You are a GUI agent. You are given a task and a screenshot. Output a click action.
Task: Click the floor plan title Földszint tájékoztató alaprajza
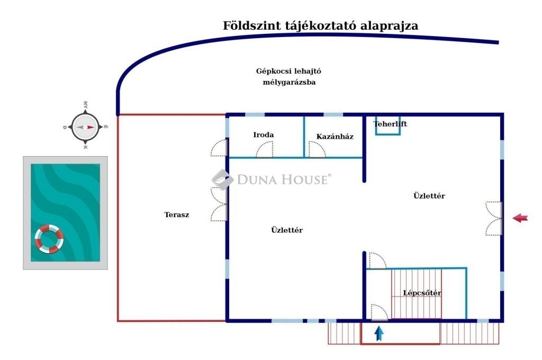pos(320,26)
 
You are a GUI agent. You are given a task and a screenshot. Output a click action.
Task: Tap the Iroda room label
pos(264,135)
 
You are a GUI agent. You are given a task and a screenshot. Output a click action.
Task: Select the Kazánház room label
pos(335,137)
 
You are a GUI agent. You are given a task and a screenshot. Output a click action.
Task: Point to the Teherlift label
pos(390,124)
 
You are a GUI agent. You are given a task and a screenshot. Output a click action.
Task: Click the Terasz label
pos(177,215)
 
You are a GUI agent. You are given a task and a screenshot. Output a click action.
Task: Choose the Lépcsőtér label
pos(422,293)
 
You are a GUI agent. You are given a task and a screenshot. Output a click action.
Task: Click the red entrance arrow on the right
pos(520,218)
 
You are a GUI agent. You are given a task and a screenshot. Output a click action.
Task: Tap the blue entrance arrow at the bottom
pos(379,334)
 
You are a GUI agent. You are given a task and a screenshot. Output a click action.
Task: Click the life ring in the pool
pos(49,239)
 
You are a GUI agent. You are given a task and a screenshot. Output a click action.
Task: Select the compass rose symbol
pos(85,127)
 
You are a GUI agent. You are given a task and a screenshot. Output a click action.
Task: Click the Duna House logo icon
pos(222,179)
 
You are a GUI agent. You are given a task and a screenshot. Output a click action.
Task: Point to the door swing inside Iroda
pos(265,150)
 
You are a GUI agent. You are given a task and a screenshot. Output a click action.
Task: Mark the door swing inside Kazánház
pos(317,150)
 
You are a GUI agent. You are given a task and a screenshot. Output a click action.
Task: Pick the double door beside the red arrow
pos(494,219)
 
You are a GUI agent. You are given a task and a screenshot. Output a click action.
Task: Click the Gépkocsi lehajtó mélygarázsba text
pos(288,76)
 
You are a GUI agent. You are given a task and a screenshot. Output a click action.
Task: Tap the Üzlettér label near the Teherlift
pos(429,196)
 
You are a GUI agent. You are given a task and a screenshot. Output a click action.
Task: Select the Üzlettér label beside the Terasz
pos(287,230)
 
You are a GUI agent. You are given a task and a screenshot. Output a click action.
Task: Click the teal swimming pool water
pos(65,213)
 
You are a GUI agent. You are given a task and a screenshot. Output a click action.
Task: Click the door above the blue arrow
pos(379,313)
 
